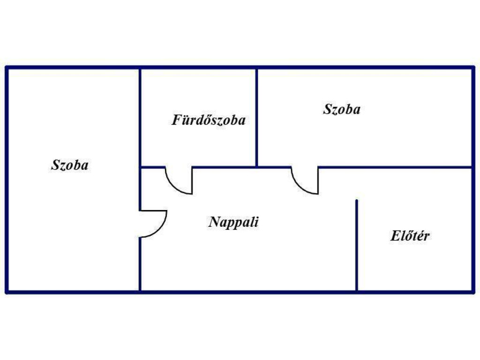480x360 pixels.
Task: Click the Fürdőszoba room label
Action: [x=209, y=120]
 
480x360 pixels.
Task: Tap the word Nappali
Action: [x=233, y=222]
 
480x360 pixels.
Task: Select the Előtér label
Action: [x=410, y=235]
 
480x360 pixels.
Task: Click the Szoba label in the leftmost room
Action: [x=70, y=165]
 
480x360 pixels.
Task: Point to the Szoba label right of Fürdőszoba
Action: [x=342, y=109]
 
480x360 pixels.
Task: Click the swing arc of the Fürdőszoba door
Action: [x=173, y=187]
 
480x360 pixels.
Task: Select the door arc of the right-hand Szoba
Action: [x=300, y=187]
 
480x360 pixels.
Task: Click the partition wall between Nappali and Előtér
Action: [x=357, y=246]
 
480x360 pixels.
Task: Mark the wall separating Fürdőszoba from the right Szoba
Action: [x=256, y=118]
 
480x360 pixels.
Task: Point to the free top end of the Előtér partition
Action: [x=357, y=200]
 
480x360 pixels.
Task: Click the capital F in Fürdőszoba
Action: [x=176, y=120]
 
